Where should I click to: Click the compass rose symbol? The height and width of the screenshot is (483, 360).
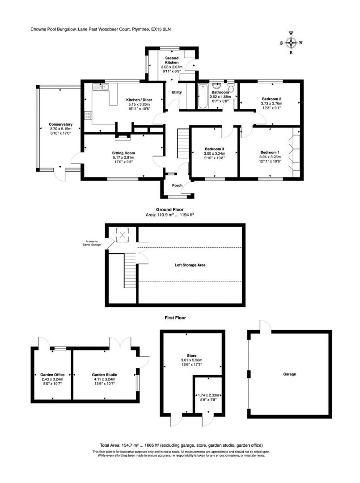click(291, 43)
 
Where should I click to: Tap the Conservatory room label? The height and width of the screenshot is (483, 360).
click(60, 124)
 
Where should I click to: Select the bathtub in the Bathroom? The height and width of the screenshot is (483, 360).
click(202, 96)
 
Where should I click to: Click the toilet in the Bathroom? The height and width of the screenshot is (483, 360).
click(231, 87)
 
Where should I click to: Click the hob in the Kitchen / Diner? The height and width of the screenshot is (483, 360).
click(88, 115)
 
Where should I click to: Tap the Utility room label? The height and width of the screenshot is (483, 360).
click(176, 92)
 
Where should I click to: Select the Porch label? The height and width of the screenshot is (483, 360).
click(177, 185)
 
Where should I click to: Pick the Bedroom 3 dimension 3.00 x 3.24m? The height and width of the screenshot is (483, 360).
click(214, 153)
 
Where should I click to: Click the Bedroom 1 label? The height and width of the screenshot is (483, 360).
click(270, 152)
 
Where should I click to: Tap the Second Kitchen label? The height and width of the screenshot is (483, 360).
click(172, 60)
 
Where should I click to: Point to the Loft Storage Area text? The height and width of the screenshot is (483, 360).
click(190, 265)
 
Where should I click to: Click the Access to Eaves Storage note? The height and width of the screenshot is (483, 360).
click(92, 243)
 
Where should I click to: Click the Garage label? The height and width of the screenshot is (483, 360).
click(289, 374)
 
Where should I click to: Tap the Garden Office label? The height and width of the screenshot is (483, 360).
click(52, 375)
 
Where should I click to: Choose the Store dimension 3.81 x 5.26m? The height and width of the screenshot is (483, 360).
click(192, 360)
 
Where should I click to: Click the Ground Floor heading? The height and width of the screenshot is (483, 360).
click(170, 209)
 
